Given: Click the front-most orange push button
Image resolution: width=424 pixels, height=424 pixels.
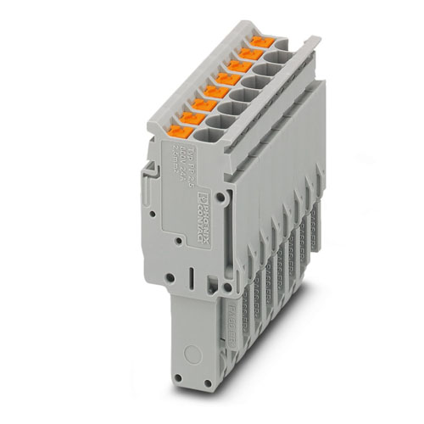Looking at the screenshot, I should [x=177, y=131].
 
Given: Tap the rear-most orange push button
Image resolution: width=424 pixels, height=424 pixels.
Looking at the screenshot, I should [x=260, y=41].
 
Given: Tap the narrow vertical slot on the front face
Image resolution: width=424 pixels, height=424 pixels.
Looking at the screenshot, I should [x=192, y=279].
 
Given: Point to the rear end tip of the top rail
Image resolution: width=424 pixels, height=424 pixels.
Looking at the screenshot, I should [x=316, y=38].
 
